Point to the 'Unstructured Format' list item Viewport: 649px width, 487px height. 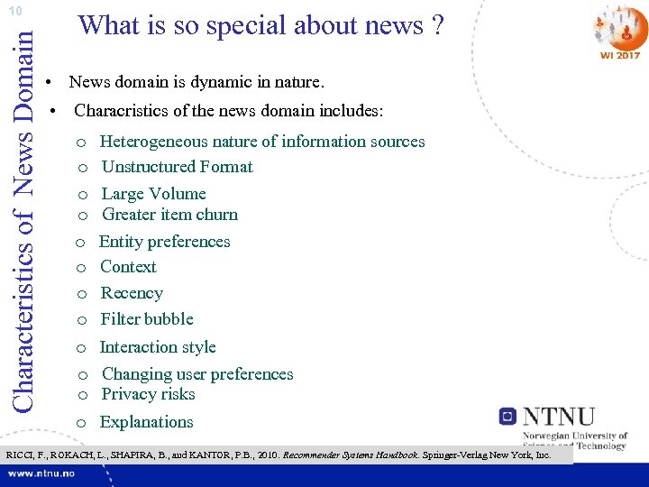177,167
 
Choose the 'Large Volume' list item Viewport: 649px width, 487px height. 153,194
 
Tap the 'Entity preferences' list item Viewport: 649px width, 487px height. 164,242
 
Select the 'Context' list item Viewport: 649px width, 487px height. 128,267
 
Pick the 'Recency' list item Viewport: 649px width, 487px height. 132,293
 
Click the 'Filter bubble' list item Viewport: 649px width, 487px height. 147,319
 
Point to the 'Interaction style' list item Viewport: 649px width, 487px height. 158,347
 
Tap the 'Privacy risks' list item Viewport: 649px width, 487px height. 148,394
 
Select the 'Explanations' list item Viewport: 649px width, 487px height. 146,422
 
